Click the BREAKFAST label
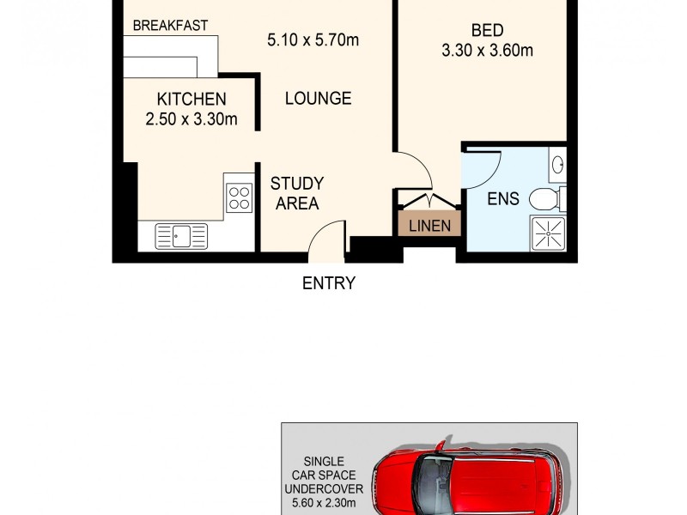[170, 26]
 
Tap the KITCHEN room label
[192, 100]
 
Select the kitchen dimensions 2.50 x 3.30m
[192, 119]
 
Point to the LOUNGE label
[319, 99]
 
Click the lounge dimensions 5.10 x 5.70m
[313, 39]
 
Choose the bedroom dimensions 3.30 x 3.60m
[487, 50]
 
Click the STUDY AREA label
[296, 193]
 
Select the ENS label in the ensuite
[502, 199]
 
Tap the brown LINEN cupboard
[430, 226]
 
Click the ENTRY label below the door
[328, 283]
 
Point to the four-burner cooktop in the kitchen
[240, 199]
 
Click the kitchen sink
[181, 235]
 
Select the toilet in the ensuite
[544, 200]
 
